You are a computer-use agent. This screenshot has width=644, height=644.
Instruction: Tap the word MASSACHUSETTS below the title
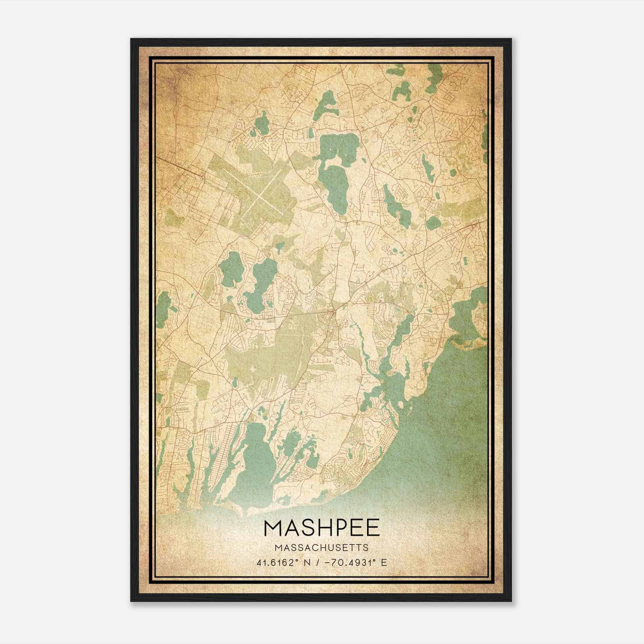pos(322,548)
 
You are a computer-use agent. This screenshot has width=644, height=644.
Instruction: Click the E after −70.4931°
pos(384,563)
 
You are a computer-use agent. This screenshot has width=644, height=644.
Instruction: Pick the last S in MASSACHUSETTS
pos(365,548)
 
